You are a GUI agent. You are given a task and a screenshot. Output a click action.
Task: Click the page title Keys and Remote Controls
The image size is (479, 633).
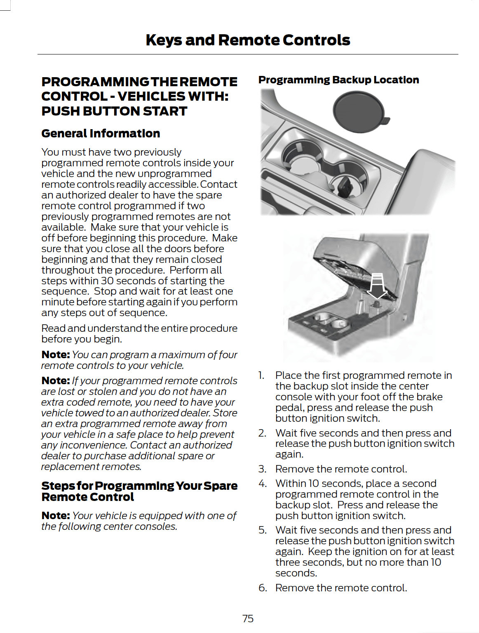point(248,40)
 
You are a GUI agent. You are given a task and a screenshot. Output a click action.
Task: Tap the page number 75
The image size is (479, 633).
point(248,618)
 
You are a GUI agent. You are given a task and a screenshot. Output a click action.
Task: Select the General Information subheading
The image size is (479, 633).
point(101,133)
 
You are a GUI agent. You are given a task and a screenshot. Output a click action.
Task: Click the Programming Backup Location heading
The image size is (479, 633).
point(338,80)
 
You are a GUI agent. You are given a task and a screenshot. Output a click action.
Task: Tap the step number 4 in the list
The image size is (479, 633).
point(262,483)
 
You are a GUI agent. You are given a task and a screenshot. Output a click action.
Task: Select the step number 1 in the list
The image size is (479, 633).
point(261,375)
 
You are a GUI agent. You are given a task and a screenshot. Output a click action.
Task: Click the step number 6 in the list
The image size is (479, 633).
point(262,588)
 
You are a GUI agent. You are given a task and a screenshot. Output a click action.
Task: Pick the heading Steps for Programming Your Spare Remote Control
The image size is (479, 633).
point(139,491)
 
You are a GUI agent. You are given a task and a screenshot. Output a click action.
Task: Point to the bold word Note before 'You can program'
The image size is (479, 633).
point(55,354)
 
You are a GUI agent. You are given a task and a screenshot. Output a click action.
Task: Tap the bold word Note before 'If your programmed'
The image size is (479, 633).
point(55,380)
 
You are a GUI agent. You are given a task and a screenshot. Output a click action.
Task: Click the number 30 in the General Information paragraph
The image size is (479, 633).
point(107,281)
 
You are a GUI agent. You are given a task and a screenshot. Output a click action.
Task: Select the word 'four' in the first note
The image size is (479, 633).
point(228,354)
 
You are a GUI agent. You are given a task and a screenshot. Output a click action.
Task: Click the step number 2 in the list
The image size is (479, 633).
point(262,433)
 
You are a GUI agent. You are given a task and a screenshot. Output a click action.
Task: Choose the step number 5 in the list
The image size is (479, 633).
point(262,530)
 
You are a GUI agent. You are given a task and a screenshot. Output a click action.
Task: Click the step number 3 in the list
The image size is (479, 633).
point(262,469)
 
